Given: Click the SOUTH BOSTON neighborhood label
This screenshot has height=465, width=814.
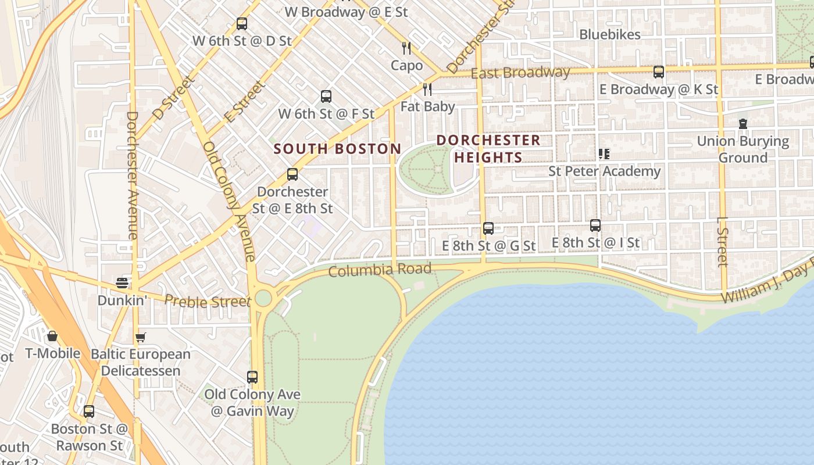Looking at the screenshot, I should click(x=337, y=149).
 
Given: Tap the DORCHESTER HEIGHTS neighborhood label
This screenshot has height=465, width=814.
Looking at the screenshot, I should click(x=488, y=149).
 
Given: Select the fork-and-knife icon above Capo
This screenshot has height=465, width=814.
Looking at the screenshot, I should click(x=406, y=48).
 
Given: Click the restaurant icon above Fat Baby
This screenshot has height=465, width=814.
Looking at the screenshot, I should click(x=427, y=89).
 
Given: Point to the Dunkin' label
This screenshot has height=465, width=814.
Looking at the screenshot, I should click(x=122, y=301).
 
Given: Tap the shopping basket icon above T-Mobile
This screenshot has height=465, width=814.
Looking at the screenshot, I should click(x=52, y=336).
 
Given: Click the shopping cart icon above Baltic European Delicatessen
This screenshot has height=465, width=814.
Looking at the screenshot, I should click(x=140, y=337).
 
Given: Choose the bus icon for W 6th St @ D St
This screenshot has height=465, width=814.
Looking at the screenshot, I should click(x=242, y=24).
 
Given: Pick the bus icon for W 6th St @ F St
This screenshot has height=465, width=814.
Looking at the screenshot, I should click(x=326, y=96).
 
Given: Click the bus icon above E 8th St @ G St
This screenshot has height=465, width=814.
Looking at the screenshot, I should click(x=488, y=228).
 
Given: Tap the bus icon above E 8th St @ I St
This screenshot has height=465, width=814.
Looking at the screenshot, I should click(x=595, y=226).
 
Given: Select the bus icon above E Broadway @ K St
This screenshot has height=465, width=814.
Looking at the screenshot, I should click(x=659, y=72).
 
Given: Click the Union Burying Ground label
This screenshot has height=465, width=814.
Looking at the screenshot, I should click(x=742, y=149).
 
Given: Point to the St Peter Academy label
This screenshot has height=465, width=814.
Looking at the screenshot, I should click(x=605, y=171).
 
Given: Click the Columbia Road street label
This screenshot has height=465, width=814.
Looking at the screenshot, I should click(x=380, y=270).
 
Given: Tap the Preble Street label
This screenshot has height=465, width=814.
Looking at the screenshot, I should click(x=208, y=301).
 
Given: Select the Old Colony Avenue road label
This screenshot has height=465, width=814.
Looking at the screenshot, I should click(x=229, y=201).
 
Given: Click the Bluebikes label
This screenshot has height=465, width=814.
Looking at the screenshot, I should click(x=610, y=34).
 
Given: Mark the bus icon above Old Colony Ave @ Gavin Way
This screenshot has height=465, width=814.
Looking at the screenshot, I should click(x=252, y=377).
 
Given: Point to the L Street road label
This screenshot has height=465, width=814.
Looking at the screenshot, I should click(x=723, y=242).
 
